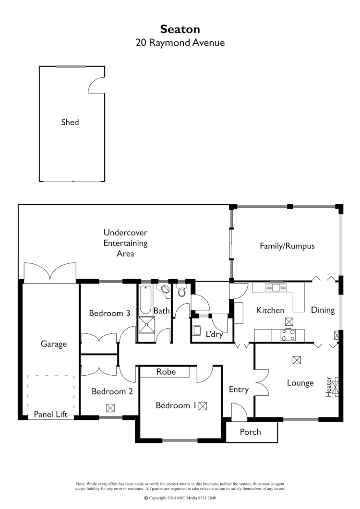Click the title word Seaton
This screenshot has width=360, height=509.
(180, 30)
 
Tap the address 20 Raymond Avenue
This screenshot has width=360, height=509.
(180, 43)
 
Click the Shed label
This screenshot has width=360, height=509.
(70, 122)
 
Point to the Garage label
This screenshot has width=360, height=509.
(53, 344)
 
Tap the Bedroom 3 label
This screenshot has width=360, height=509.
(109, 313)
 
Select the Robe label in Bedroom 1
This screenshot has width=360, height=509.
(166, 372)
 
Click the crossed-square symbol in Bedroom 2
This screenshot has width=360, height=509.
(111, 408)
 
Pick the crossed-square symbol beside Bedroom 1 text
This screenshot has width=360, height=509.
(203, 406)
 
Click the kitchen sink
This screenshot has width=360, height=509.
(277, 288)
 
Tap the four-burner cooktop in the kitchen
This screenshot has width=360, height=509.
(288, 334)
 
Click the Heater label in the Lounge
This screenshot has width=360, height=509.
(329, 386)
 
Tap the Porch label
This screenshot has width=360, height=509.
(250, 432)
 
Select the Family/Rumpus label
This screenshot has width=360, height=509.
(287, 246)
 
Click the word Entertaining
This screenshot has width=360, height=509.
(125, 243)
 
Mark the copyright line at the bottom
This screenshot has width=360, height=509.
(180, 498)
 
